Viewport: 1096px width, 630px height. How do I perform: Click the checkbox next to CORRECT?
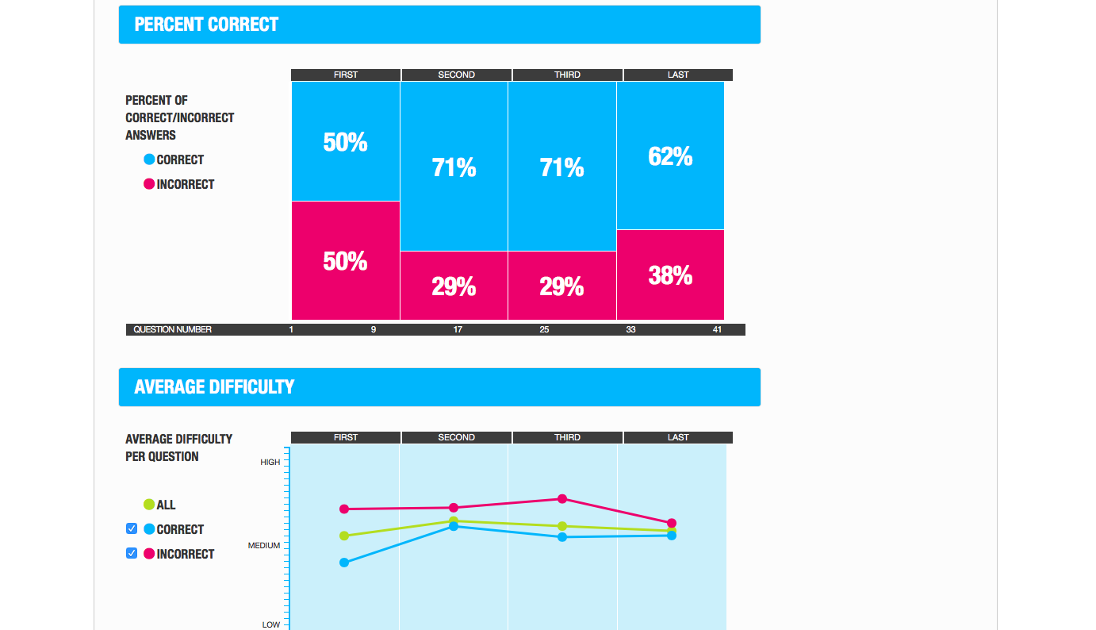tap(132, 528)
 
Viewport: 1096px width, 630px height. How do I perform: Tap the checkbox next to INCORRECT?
tap(132, 553)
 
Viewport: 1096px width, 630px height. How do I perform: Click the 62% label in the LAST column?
tap(670, 156)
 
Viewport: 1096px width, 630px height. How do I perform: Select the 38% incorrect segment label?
tap(670, 275)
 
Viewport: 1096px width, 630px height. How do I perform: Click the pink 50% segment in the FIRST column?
tap(345, 261)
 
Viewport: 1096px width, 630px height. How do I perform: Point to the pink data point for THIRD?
tap(562, 499)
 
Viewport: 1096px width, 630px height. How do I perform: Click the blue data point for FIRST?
tap(344, 563)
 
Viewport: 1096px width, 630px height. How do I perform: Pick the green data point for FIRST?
tap(344, 536)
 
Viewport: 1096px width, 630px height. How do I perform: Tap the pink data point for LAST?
tap(672, 523)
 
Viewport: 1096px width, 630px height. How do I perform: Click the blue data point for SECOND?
tap(454, 526)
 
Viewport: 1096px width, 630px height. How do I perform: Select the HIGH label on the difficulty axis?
tap(270, 462)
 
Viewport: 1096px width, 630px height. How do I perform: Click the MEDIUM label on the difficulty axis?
tap(264, 545)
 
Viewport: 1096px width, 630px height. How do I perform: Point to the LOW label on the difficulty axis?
tap(271, 624)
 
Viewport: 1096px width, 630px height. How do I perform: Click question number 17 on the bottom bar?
tap(458, 329)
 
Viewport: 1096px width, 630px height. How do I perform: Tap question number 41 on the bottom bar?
tap(717, 329)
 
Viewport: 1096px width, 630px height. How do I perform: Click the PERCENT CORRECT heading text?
tap(206, 25)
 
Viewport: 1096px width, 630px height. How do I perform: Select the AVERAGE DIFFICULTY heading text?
tap(214, 387)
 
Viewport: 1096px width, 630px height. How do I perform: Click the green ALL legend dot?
tap(149, 505)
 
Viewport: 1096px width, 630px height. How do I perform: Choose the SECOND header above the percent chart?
tap(456, 75)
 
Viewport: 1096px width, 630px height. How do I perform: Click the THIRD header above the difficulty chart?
tap(567, 437)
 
